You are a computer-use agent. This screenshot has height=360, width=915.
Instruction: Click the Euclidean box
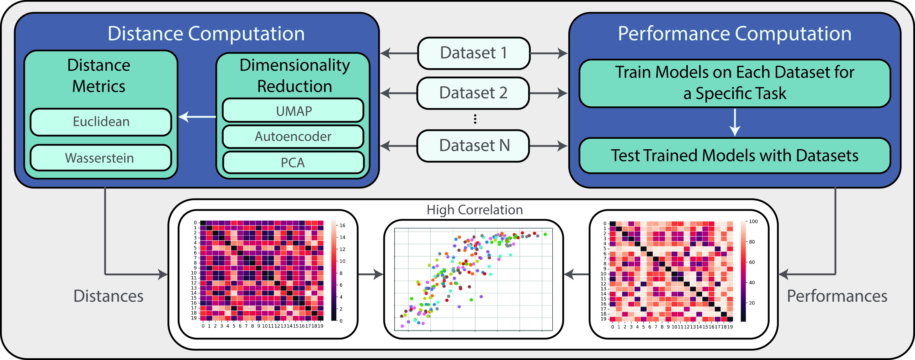101,122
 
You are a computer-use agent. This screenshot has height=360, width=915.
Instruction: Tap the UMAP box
293,111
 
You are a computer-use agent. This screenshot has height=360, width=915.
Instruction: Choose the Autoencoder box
293,136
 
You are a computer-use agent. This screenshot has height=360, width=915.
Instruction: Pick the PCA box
293,163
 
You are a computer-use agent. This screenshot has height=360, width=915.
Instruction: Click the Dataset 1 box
473,53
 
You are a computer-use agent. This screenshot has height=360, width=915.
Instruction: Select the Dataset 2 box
473,93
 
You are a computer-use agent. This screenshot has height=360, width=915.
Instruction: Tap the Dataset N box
473,146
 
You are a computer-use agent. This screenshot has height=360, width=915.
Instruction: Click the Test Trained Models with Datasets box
735,155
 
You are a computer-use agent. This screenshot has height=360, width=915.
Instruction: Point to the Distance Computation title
206,34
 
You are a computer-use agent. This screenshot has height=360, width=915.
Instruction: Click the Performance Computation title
735,34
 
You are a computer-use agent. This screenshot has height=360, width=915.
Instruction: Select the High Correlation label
475,210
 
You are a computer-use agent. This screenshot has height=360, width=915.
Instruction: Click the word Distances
108,296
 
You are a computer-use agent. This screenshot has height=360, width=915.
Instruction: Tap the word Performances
837,296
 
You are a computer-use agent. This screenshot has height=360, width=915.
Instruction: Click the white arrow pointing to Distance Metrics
197,116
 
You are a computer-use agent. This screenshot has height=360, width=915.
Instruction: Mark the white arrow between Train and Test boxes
735,122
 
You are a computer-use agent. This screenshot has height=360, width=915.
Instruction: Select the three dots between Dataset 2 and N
475,119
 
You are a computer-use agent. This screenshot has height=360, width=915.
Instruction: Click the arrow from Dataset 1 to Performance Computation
549,53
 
